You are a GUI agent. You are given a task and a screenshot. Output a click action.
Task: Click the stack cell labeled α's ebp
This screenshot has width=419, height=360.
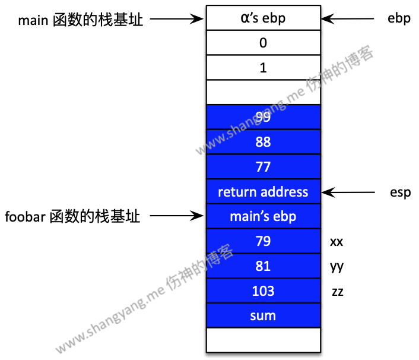coord(263,18)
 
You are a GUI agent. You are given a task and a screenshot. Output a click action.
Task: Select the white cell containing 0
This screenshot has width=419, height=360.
coord(263,43)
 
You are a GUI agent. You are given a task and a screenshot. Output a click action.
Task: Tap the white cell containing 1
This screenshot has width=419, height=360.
coord(263,68)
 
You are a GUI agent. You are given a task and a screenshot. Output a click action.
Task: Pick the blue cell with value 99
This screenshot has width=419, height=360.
coord(263,117)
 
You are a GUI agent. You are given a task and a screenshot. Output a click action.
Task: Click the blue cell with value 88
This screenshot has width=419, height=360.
coord(263,142)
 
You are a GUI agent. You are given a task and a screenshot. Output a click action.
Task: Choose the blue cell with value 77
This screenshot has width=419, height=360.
coord(263,167)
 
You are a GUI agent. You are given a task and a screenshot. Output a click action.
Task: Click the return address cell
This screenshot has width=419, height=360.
coord(263,192)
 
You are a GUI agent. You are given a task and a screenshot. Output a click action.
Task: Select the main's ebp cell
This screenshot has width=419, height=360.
coord(263,216)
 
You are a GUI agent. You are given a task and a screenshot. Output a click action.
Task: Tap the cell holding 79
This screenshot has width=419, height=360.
coord(263,241)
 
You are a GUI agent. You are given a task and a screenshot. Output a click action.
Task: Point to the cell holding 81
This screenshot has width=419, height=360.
coord(263,266)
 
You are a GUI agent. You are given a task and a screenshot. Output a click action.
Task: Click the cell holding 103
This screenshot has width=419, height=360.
coord(263,290)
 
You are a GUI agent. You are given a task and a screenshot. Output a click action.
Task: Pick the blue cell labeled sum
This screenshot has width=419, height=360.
coord(263,315)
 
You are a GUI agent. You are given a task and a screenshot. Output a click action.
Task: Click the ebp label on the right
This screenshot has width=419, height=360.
coord(399,18)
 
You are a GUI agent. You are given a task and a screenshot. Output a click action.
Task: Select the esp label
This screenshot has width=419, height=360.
coord(400,192)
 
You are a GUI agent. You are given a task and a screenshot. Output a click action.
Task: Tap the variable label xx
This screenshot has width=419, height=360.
coord(337,242)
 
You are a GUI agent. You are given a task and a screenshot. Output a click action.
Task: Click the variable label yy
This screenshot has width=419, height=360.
coord(337,267)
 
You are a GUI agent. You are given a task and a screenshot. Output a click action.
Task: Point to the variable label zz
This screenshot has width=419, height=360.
coord(337,292)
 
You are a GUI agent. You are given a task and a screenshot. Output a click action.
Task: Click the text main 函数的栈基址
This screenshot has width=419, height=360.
coord(81,19)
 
